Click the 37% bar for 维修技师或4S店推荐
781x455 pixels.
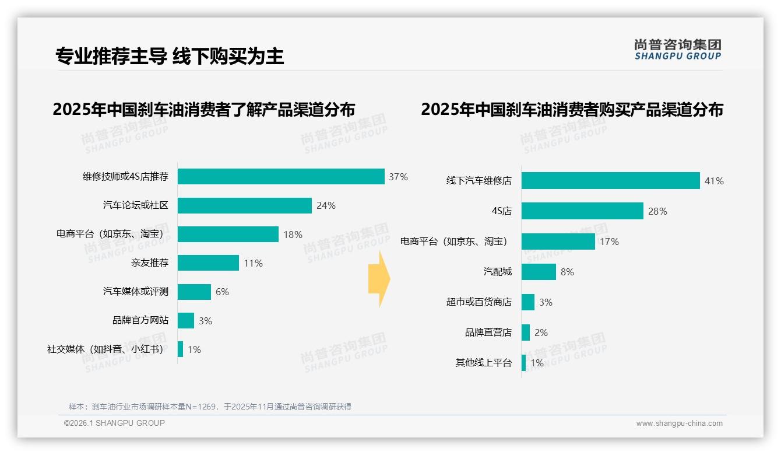tap(281, 177)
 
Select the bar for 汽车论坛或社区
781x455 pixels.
tap(245, 205)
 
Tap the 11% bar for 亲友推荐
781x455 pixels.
tap(208, 263)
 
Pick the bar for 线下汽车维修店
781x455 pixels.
tap(610, 181)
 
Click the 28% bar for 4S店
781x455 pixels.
tap(582, 211)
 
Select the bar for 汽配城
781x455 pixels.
tap(539, 272)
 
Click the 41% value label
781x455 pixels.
tap(714, 181)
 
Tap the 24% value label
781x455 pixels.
tap(326, 205)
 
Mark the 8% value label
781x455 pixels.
tap(567, 272)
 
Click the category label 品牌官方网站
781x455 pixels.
tap(140, 320)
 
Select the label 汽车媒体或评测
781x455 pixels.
tap(136, 292)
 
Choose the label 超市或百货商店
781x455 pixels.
tap(479, 302)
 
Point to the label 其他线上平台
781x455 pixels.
tap(483, 363)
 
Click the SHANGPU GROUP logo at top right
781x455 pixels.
tap(677, 50)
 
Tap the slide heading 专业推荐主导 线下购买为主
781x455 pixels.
tap(170, 56)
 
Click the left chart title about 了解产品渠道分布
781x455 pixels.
tap(203, 110)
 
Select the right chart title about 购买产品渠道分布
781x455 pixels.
tap(572, 110)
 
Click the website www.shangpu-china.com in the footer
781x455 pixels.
tap(679, 423)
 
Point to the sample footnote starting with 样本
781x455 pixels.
tap(210, 407)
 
